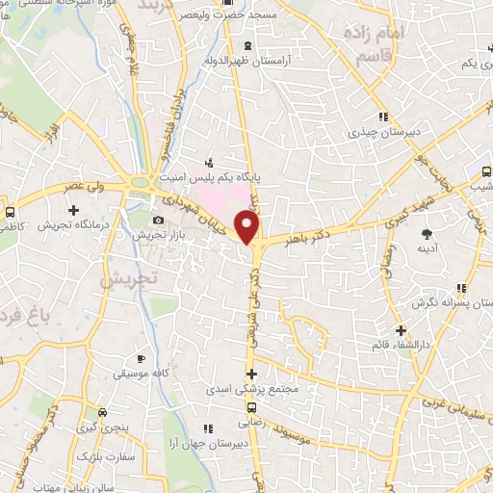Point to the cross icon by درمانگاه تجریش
[x=73, y=209]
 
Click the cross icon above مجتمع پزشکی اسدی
[x=252, y=374]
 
